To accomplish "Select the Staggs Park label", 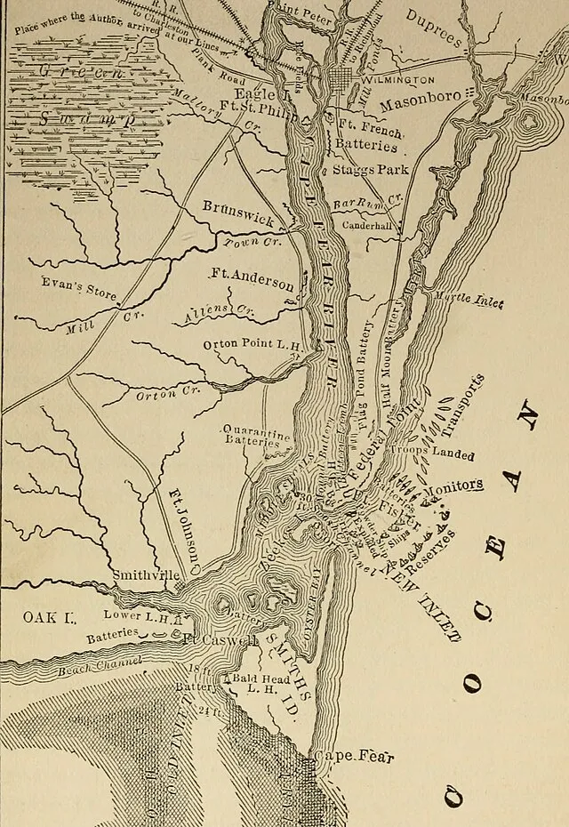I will (x=370, y=169).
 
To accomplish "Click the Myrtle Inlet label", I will (x=469, y=301).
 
